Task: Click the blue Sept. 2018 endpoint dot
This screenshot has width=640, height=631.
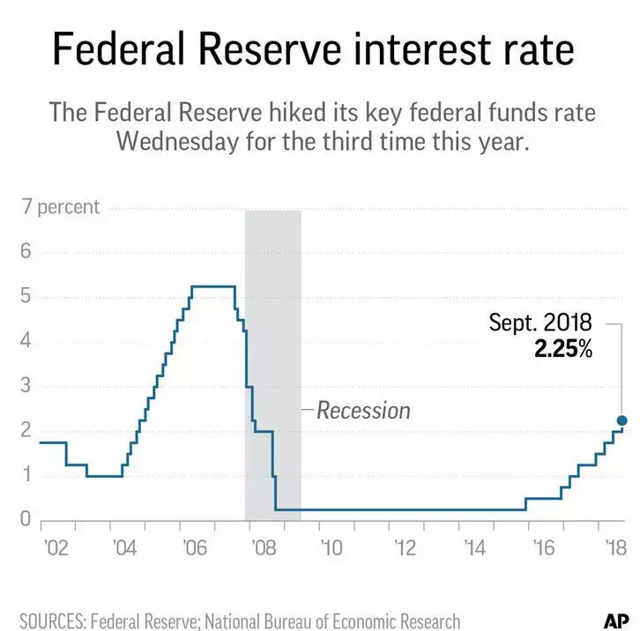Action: [x=621, y=420]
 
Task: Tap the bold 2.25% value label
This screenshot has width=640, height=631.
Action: [x=562, y=349]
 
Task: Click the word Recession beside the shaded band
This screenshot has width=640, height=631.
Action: [x=363, y=410]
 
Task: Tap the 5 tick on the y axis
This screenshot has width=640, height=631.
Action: [x=26, y=297]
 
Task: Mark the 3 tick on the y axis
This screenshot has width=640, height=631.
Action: [x=26, y=386]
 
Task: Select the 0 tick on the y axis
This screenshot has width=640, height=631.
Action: [x=26, y=520]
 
